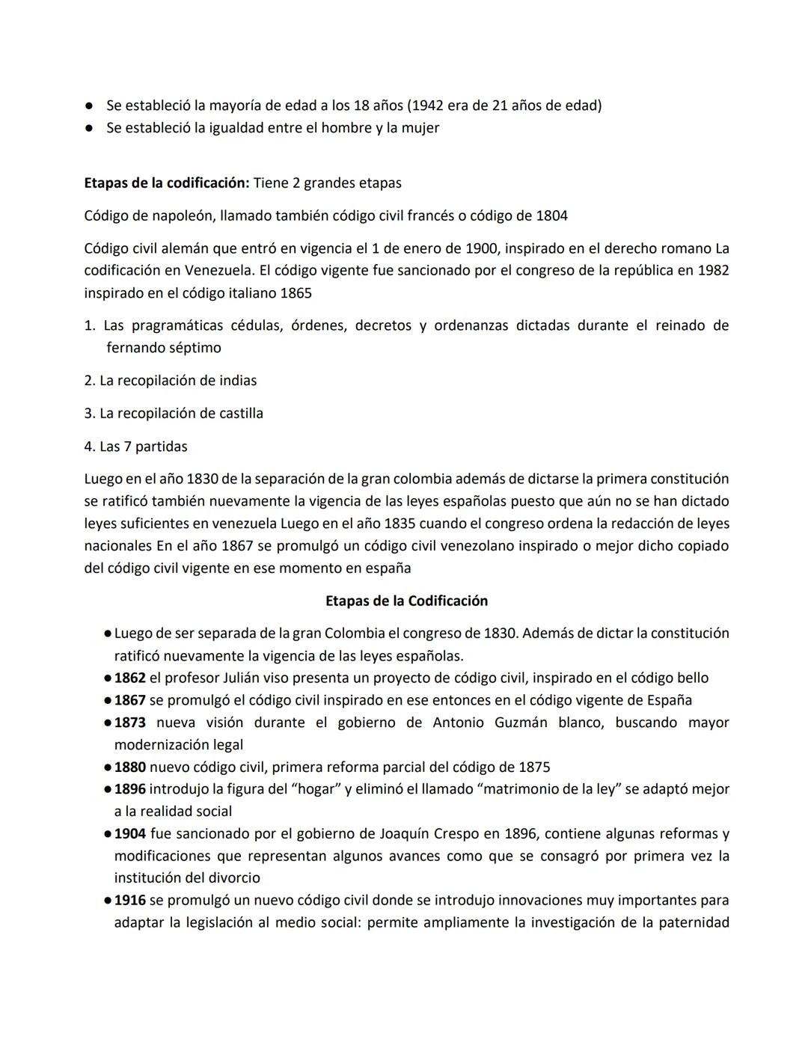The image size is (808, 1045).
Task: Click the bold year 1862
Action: pyautogui.click(x=129, y=678)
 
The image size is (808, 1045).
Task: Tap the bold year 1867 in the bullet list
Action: pyautogui.click(x=129, y=700)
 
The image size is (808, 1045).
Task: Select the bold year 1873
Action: pyautogui.click(x=129, y=723)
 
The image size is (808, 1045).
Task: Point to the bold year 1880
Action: pyautogui.click(x=129, y=767)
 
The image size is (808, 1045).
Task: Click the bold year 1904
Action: pyautogui.click(x=129, y=833)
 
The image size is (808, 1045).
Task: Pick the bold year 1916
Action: pyautogui.click(x=129, y=900)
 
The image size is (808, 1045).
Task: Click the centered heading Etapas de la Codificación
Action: pyautogui.click(x=406, y=601)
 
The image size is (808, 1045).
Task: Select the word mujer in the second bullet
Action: pyautogui.click(x=420, y=128)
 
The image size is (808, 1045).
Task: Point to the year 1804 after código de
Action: pyautogui.click(x=551, y=215)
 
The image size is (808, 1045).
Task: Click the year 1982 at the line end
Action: pyautogui.click(x=712, y=270)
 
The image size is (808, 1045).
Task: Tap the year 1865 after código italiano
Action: pyautogui.click(x=296, y=292)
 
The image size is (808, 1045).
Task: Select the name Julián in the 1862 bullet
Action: pyautogui.click(x=245, y=678)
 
